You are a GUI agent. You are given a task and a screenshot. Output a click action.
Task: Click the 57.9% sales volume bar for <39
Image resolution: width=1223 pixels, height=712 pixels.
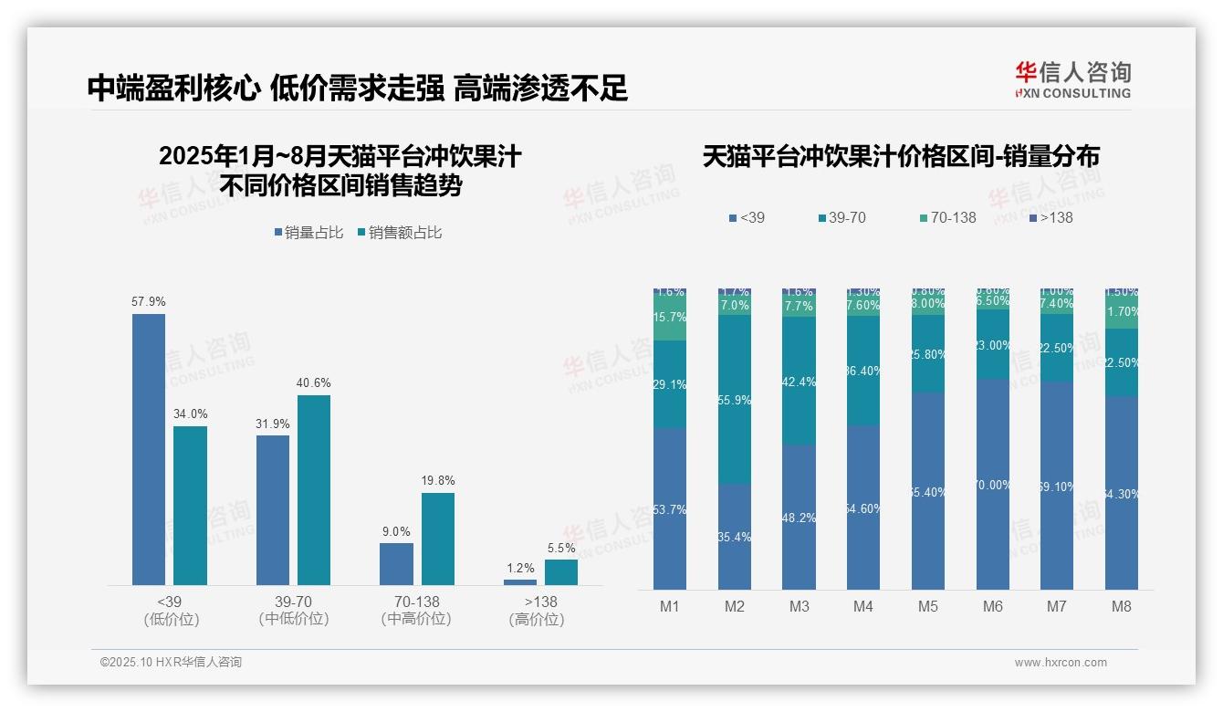[x=149, y=449]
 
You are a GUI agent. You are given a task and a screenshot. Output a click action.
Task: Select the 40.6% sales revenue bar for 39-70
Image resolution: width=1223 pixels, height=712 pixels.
[x=314, y=489]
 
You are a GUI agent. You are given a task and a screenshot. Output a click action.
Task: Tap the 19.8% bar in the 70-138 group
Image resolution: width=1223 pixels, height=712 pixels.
[x=437, y=539]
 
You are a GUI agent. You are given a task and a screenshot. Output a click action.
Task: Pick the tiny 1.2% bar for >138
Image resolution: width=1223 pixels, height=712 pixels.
[x=520, y=581]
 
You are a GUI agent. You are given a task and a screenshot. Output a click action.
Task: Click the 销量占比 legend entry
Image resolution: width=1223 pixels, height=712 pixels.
[x=308, y=233]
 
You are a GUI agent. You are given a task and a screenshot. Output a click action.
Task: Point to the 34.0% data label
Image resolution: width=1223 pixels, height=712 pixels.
[x=190, y=414]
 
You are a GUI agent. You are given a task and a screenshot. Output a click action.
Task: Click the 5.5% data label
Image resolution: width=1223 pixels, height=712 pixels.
[x=561, y=548]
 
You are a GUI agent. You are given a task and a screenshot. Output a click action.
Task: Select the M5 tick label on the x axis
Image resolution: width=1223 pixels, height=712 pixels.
[x=928, y=606]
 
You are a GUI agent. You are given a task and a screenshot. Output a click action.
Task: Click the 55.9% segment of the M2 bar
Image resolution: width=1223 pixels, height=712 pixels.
[x=735, y=400]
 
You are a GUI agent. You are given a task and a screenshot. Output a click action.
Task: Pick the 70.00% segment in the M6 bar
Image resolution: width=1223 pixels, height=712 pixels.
[x=993, y=484]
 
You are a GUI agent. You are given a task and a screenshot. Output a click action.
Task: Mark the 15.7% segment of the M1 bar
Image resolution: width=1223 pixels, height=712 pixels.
[x=670, y=318]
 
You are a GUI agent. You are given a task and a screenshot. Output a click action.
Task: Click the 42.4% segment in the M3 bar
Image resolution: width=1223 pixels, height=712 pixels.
[x=800, y=382]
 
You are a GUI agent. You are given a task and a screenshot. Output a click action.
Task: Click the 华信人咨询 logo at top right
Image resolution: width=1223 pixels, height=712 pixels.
[x=1072, y=79]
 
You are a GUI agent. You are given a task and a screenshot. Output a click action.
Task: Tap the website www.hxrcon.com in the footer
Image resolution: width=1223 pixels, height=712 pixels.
[x=1061, y=663]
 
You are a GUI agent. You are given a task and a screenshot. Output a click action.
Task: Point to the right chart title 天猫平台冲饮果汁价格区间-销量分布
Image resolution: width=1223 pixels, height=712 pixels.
[x=901, y=156]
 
